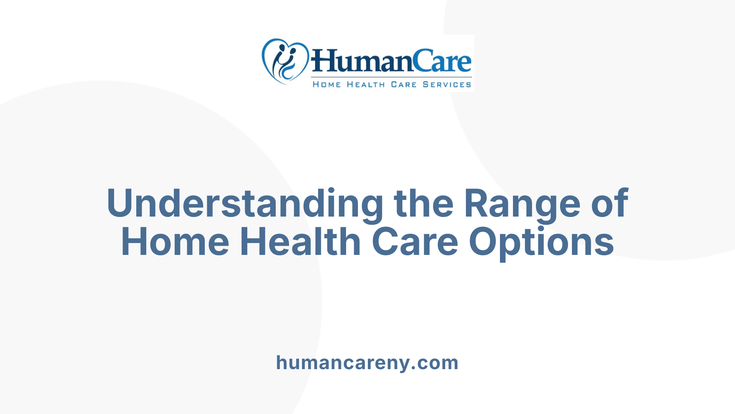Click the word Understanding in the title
pos(245,204)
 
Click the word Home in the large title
pos(175,242)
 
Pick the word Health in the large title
pos(300,242)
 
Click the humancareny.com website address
pos(367,363)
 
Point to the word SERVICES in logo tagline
pos(447,84)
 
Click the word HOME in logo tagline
pos(327,84)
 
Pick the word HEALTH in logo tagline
pos(366,84)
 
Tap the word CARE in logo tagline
pos(403,84)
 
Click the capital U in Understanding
pos(122,203)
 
